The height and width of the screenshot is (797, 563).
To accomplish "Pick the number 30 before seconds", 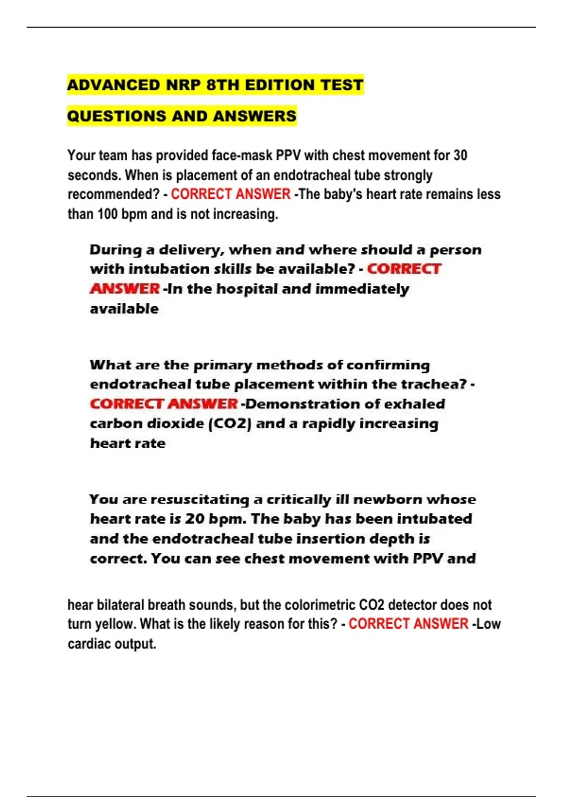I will click(460, 155).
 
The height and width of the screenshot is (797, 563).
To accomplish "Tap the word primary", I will click(223, 365).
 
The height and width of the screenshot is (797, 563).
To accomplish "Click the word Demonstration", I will click(303, 404).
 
